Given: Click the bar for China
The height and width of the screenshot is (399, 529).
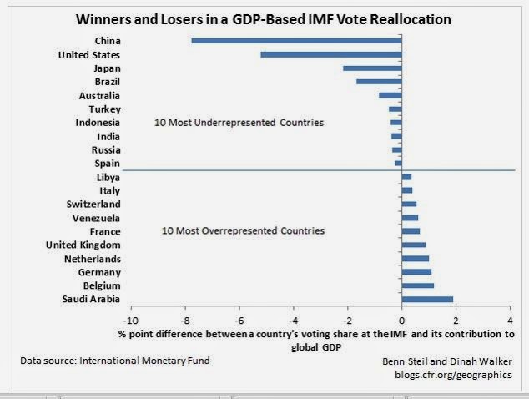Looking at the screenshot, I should pos(296,40).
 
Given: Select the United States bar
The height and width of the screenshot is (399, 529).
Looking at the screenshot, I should pos(331,54).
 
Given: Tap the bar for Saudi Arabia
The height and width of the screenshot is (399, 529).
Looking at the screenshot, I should pos(427,299).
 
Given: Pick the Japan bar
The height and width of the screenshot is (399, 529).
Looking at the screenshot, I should pos(372,68).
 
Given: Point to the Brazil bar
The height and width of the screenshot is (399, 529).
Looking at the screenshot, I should pos(379,81).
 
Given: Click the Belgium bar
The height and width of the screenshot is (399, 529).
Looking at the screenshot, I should pos(417,285).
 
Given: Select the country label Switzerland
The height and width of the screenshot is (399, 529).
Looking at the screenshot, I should pos(93,204).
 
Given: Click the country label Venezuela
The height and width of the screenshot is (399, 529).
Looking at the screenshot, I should pos(96,218).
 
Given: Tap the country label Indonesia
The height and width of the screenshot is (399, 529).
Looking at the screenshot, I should pos(97,123).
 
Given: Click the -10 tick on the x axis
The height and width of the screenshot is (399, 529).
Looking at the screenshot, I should pos(130,320).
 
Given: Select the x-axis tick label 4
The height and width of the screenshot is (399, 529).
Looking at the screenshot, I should pos(510,320).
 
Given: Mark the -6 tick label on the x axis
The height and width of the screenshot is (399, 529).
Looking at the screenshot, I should pos(239,320).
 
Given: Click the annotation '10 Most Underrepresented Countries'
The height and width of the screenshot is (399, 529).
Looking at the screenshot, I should pos(239,123).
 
